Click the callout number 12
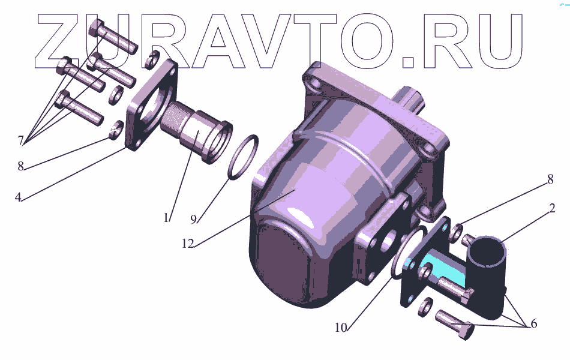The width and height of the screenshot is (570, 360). pos(188,244)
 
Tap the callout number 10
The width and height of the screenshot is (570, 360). pos(341,328)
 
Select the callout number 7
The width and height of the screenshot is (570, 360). pos(21,140)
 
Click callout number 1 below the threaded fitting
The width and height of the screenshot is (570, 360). pos(166,218)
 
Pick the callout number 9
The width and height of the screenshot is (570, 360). pos(193,219)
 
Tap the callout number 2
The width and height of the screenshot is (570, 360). pos(552,208)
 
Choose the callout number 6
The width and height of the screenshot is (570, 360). pos(533,323)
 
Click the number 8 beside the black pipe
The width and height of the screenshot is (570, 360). pos(550,179)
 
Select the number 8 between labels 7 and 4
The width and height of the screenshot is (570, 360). pos(21,166)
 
